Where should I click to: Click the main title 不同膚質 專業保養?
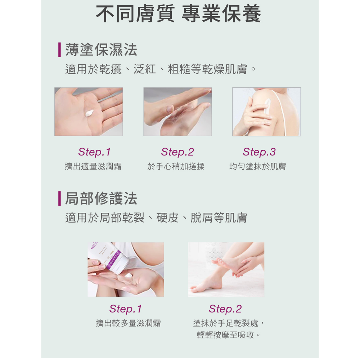[x=179, y=14]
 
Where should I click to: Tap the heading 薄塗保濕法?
[x=101, y=50]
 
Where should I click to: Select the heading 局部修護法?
[x=101, y=198]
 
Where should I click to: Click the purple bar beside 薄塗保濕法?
[x=59, y=50]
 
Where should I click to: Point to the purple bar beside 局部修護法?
[x=59, y=198]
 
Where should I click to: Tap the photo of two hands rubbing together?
[x=177, y=112]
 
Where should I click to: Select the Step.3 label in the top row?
[x=259, y=152]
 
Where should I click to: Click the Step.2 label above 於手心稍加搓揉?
[x=177, y=152]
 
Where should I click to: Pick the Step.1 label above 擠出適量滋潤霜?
[x=94, y=152]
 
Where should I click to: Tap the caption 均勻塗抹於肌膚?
[x=258, y=166]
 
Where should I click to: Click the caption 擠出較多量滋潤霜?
[x=128, y=323]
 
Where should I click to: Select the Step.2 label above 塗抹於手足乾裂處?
[x=225, y=309]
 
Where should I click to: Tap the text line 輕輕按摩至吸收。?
[x=229, y=335]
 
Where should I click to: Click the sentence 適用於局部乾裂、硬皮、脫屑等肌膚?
[x=156, y=218]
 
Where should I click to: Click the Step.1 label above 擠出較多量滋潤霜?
[x=126, y=309]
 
